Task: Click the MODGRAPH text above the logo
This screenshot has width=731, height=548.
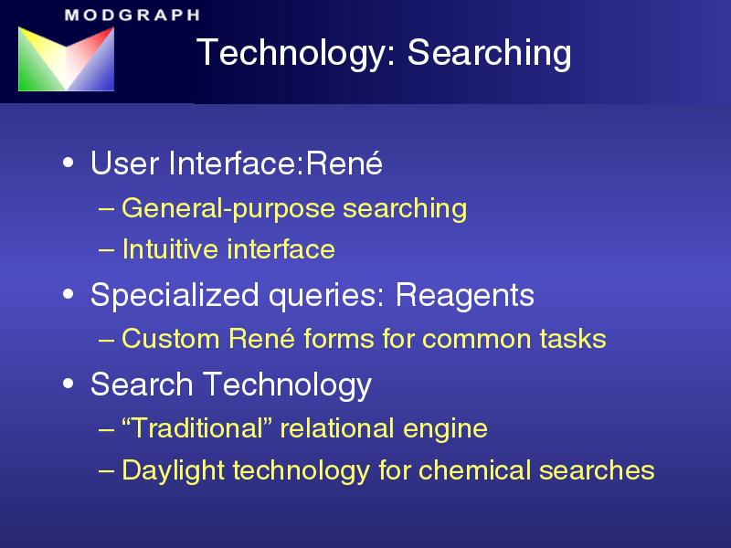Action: [132, 15]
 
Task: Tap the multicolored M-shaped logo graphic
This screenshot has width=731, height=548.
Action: [66, 58]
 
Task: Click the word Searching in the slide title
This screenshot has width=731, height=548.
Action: [489, 54]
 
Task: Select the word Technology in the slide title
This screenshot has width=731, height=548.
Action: [296, 54]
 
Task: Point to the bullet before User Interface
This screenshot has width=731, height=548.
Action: [68, 163]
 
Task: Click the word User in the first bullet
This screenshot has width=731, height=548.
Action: [124, 163]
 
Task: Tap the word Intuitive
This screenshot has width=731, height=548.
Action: [171, 248]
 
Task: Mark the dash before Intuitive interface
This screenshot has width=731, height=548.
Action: [106, 249]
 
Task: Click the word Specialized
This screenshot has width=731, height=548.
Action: [175, 296]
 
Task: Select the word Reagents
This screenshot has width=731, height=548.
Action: [465, 296]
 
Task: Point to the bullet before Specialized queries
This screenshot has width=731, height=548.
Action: [68, 294]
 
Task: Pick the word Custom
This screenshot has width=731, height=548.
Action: [170, 338]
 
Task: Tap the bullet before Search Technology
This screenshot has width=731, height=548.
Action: [68, 384]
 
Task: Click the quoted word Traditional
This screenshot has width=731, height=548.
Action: [196, 428]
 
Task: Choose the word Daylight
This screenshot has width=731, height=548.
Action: [174, 470]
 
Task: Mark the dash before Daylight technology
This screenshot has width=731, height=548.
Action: [106, 471]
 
